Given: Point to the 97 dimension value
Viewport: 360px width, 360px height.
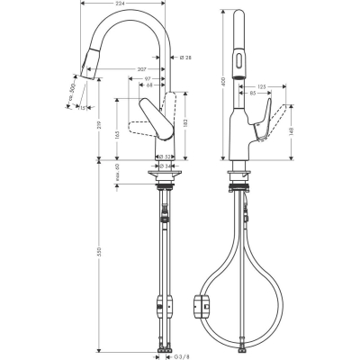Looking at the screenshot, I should (x=147, y=80).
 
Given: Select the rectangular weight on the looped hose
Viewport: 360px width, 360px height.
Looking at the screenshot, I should (x=202, y=308).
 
